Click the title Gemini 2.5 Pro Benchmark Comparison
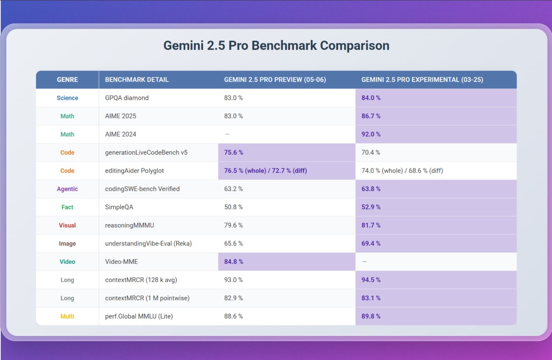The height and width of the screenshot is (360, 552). [x=276, y=46]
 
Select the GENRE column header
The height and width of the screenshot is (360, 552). [x=67, y=80]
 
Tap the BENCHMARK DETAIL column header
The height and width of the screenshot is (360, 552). [x=137, y=80]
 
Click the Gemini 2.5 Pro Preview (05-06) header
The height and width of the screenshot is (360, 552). [x=275, y=80]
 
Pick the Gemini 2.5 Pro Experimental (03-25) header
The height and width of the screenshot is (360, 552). [x=422, y=80]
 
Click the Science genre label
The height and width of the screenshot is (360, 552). [x=67, y=98]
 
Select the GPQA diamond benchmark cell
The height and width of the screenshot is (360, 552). [x=127, y=98]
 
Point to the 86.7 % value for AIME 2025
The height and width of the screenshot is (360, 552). [x=371, y=116]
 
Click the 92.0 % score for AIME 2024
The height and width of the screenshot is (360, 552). [x=371, y=134]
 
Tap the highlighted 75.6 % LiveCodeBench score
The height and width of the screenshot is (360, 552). [x=234, y=152]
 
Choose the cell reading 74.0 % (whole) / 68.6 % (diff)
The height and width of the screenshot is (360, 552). [x=402, y=171]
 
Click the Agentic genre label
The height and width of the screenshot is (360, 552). [x=67, y=189]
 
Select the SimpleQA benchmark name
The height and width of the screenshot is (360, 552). [x=119, y=207]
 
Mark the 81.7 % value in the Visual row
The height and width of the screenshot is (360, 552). [x=371, y=225]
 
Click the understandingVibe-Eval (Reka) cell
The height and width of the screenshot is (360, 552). [x=148, y=244]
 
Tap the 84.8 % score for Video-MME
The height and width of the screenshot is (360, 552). [x=234, y=262]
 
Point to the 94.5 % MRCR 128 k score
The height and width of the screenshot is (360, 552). [x=371, y=280]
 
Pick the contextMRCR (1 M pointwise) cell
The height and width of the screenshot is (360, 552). [x=147, y=298]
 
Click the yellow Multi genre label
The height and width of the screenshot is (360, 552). [x=67, y=316]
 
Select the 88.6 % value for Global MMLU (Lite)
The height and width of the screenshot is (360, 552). [x=233, y=316]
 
